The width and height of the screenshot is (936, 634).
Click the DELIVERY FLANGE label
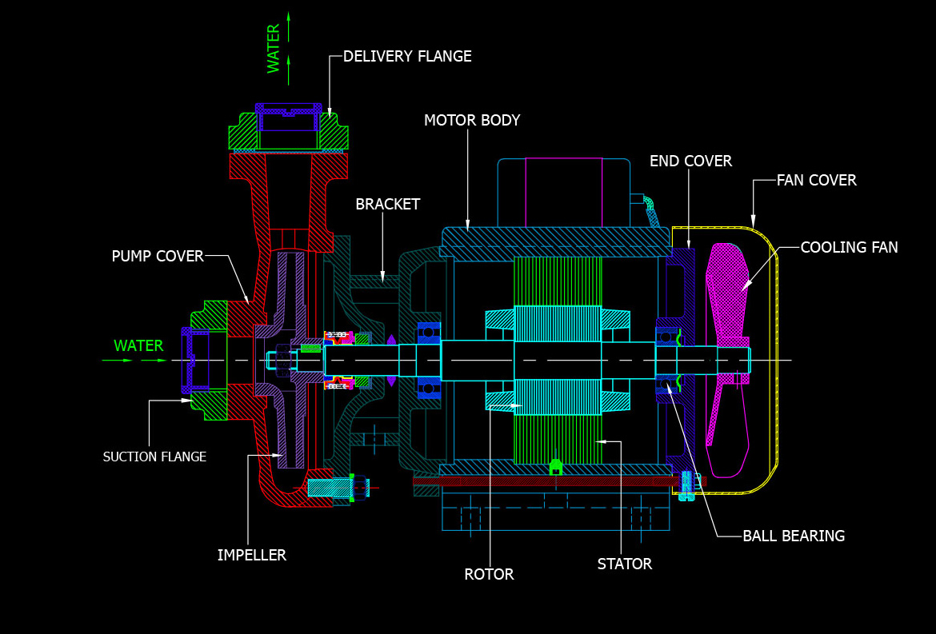tap(407, 57)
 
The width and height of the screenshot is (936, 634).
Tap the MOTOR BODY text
tap(472, 121)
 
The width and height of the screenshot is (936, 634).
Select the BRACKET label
tap(388, 205)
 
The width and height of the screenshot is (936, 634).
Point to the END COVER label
tap(690, 161)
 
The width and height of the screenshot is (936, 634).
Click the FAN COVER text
tap(816, 181)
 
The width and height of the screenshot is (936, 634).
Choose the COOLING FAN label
tap(849, 248)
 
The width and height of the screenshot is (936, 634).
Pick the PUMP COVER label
tap(158, 257)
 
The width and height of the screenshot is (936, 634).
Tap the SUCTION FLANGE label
tap(154, 457)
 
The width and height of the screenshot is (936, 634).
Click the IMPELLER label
tap(251, 556)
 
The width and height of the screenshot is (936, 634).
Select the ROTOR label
tap(489, 575)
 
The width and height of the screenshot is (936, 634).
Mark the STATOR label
tap(624, 564)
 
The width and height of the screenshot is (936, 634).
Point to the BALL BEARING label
tap(794, 536)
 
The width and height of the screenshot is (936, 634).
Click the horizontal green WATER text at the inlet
tap(138, 346)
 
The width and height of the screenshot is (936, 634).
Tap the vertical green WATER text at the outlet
tap(274, 49)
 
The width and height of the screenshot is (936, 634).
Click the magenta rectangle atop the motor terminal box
tap(563, 192)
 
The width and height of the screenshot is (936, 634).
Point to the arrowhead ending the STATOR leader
tap(602, 441)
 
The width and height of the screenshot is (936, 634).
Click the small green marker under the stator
tap(556, 466)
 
